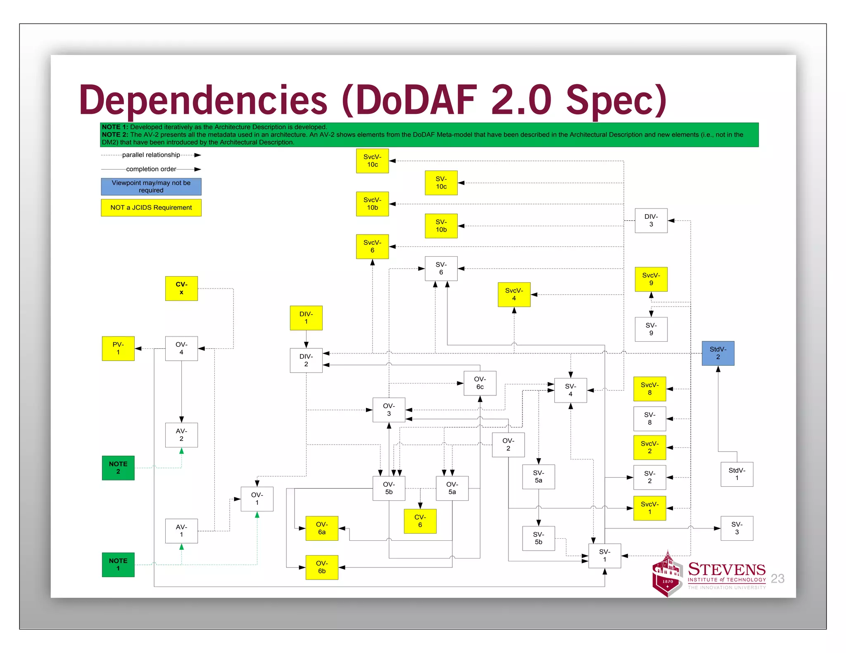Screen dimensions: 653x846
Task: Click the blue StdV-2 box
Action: click(x=718, y=353)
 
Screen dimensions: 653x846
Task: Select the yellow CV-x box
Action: click(x=181, y=289)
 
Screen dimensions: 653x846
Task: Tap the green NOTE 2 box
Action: click(x=118, y=468)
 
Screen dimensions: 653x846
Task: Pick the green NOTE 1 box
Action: click(x=118, y=565)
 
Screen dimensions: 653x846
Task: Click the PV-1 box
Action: click(x=118, y=348)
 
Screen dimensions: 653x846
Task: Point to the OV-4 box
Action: click(x=181, y=348)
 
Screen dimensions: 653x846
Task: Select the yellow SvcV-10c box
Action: click(x=372, y=161)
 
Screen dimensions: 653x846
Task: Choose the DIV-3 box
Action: click(x=651, y=221)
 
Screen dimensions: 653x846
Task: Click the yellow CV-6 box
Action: click(x=420, y=521)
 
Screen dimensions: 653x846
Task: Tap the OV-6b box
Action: click(x=322, y=568)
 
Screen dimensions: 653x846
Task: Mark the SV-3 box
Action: click(x=737, y=528)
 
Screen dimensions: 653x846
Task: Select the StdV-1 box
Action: click(x=737, y=474)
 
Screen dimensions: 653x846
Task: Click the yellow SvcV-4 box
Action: click(x=514, y=295)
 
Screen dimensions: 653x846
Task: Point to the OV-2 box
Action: click(x=508, y=445)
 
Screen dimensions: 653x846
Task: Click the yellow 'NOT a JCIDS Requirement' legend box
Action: click(x=151, y=208)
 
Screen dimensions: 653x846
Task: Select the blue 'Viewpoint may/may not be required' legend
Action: click(x=151, y=187)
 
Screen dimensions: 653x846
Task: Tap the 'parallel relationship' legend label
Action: click(x=151, y=155)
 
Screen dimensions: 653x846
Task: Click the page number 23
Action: click(x=777, y=579)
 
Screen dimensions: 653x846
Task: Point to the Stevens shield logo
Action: click(x=666, y=575)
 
